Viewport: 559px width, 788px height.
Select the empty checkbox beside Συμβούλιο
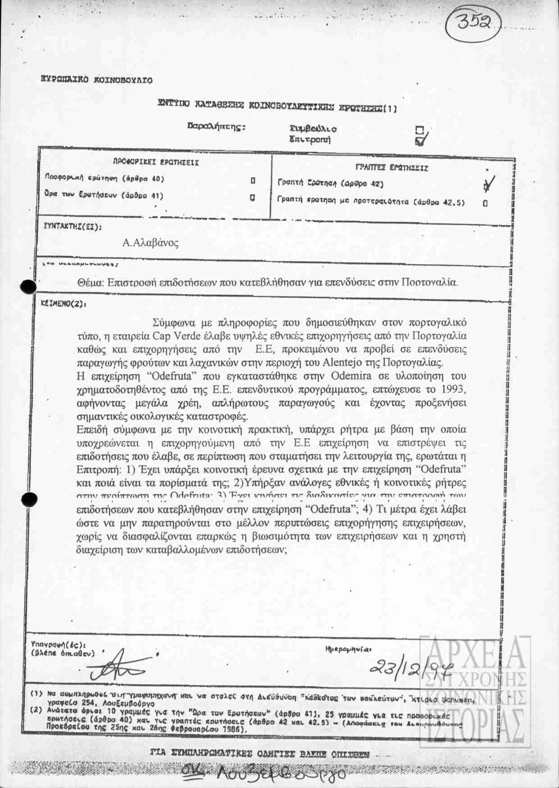pyautogui.click(x=419, y=130)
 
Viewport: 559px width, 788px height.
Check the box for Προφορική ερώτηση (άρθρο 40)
pyautogui.click(x=253, y=181)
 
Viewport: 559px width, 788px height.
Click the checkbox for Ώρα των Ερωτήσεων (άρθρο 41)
pyautogui.click(x=253, y=197)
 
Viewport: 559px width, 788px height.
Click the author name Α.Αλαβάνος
pyautogui.click(x=150, y=243)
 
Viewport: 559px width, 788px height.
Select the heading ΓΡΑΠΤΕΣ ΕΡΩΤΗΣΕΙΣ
pyautogui.click(x=392, y=168)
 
